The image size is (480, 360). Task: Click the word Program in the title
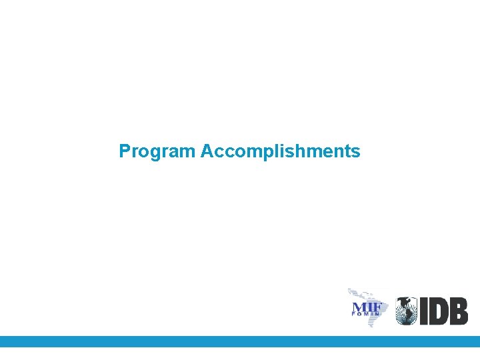pyautogui.click(x=157, y=152)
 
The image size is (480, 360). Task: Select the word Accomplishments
pyautogui.click(x=280, y=152)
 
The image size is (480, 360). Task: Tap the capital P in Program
pyautogui.click(x=125, y=151)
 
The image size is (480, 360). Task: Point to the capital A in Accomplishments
pyautogui.click(x=206, y=151)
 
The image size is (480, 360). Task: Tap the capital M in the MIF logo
pyautogui.click(x=357, y=308)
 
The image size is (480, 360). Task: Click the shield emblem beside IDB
pyautogui.click(x=407, y=311)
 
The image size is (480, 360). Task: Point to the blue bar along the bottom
pyautogui.click(x=240, y=341)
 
